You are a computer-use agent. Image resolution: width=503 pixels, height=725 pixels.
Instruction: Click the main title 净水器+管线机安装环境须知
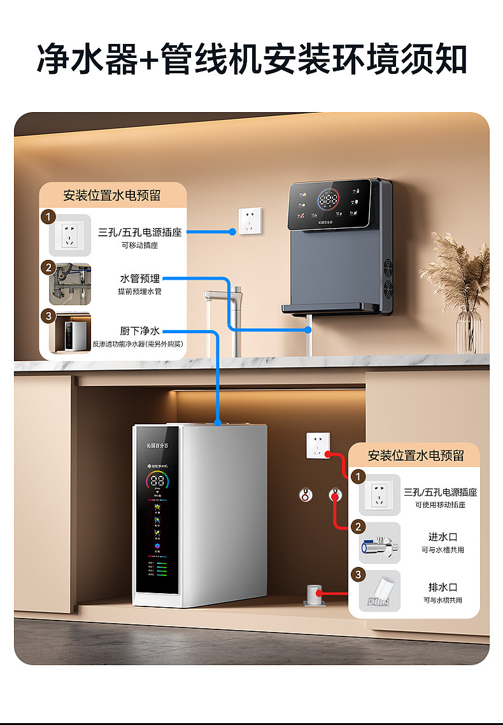pos(251,59)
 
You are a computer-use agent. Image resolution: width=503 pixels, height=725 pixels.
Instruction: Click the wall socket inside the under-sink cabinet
pos(318,445)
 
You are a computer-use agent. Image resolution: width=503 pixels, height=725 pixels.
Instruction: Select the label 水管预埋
pos(140,278)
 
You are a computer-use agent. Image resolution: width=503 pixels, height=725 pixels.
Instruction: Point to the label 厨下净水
pos(140,331)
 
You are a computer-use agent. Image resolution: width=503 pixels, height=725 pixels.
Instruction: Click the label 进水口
pos(443,537)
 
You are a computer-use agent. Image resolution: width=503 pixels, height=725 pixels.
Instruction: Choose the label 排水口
pos(443,587)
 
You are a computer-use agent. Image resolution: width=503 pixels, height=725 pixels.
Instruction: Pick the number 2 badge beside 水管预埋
pos(49,268)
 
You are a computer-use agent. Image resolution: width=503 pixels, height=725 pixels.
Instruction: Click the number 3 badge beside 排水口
pos(359,575)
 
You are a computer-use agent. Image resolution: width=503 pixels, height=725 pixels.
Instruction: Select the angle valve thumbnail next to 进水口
pos(379,543)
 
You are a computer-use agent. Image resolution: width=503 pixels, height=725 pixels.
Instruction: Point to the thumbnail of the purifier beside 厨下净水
pos(70,333)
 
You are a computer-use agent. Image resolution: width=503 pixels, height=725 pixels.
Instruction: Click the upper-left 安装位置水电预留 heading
pos(112,196)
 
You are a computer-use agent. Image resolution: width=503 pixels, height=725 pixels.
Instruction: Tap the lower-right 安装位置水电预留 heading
pos(416,456)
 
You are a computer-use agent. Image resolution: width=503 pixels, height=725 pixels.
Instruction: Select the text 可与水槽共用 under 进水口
pos(443,550)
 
